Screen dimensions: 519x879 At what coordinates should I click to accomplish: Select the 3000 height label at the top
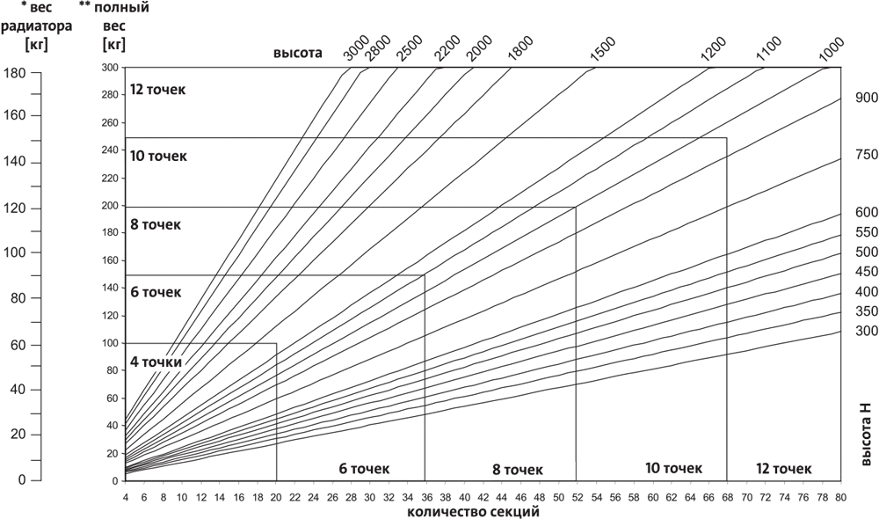pos(356,52)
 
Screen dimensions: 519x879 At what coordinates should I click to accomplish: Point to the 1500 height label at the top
pos(603,52)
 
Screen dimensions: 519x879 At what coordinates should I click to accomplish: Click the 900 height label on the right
pos(867,99)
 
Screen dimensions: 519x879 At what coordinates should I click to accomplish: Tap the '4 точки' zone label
pos(156,362)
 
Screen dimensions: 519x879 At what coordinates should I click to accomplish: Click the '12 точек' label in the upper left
pos(158,90)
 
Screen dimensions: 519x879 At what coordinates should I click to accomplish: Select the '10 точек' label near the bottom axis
pos(673,467)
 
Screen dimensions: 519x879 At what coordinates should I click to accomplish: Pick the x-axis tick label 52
pos(576,496)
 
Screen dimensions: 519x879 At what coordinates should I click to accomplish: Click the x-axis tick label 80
pos(841,496)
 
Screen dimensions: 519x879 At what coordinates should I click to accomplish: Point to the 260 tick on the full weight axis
pos(111,123)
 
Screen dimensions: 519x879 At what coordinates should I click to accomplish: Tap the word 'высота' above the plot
pos(298,53)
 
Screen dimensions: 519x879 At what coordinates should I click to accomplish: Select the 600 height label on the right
pos(867,212)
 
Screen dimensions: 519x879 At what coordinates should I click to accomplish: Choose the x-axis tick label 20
pos(277,496)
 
